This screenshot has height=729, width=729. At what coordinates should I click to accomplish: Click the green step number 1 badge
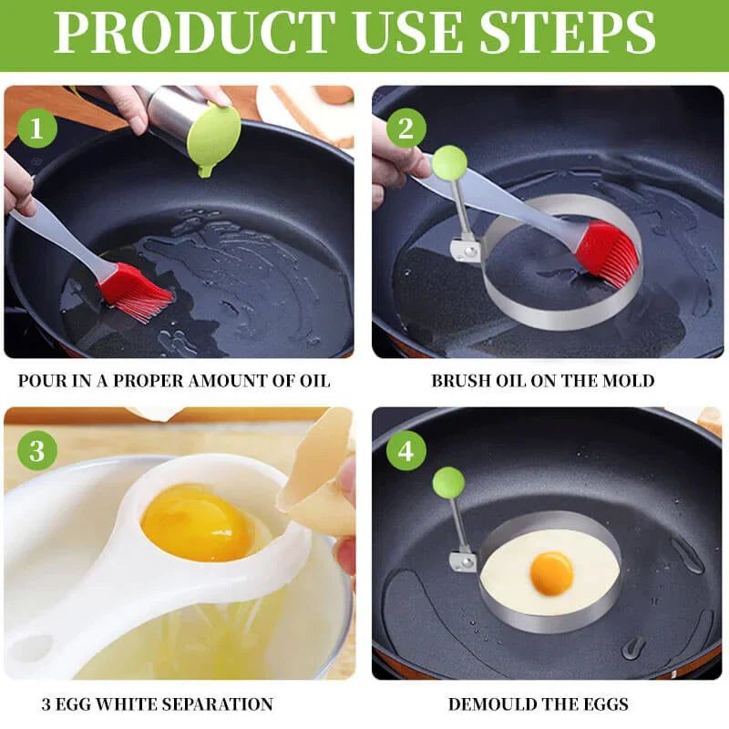[x=37, y=129]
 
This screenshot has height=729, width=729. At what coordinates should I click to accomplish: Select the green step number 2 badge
[x=406, y=129]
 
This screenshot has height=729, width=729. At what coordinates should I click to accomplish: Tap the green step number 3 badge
[x=37, y=450]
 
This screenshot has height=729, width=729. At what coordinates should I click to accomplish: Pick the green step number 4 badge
[x=406, y=450]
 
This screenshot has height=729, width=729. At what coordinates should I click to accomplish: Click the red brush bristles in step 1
[x=137, y=292]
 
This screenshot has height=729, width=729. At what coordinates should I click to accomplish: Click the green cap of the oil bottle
[x=213, y=137]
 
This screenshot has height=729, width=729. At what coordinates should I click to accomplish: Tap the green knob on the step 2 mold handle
[x=449, y=163]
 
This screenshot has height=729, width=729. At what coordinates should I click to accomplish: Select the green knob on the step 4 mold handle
[x=448, y=482]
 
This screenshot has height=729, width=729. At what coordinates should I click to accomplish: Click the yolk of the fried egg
[x=551, y=573]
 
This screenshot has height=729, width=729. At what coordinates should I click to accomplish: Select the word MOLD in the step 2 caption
[x=628, y=380]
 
